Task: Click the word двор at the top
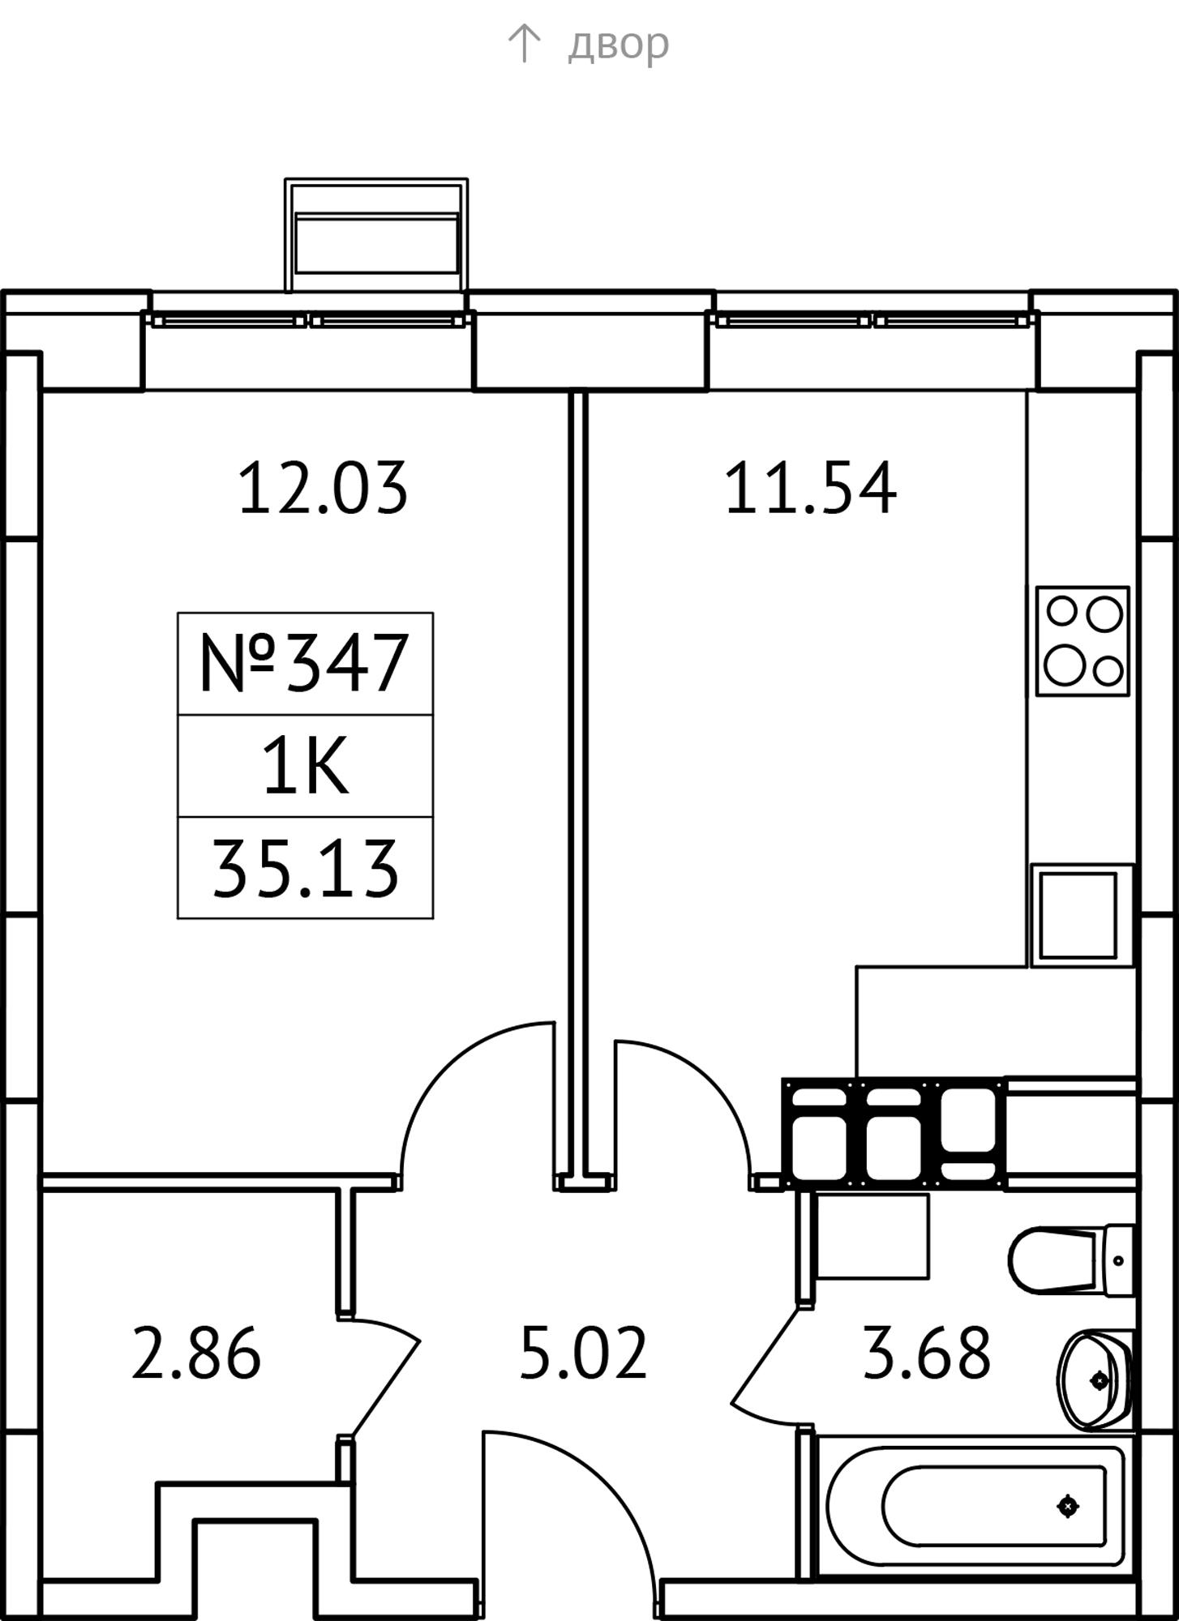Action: [618, 44]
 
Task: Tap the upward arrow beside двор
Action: [524, 43]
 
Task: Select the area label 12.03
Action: [323, 488]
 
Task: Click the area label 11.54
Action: [810, 488]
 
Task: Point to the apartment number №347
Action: [304, 663]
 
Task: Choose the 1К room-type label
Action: [305, 766]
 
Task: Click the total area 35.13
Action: [305, 869]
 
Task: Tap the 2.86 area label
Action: [195, 1353]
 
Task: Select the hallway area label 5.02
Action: [583, 1353]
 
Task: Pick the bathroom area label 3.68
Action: [926, 1353]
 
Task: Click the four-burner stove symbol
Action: [1083, 641]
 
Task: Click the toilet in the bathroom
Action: [1070, 1260]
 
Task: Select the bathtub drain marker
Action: [1068, 1506]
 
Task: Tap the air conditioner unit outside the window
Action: [376, 234]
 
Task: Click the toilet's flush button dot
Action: [1119, 1260]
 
